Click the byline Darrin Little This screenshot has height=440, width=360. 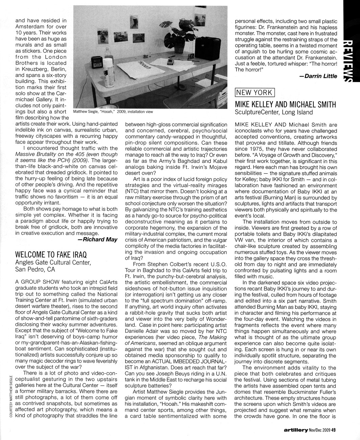tap(318, 76)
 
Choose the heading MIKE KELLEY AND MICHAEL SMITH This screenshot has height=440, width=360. tap(286, 104)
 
